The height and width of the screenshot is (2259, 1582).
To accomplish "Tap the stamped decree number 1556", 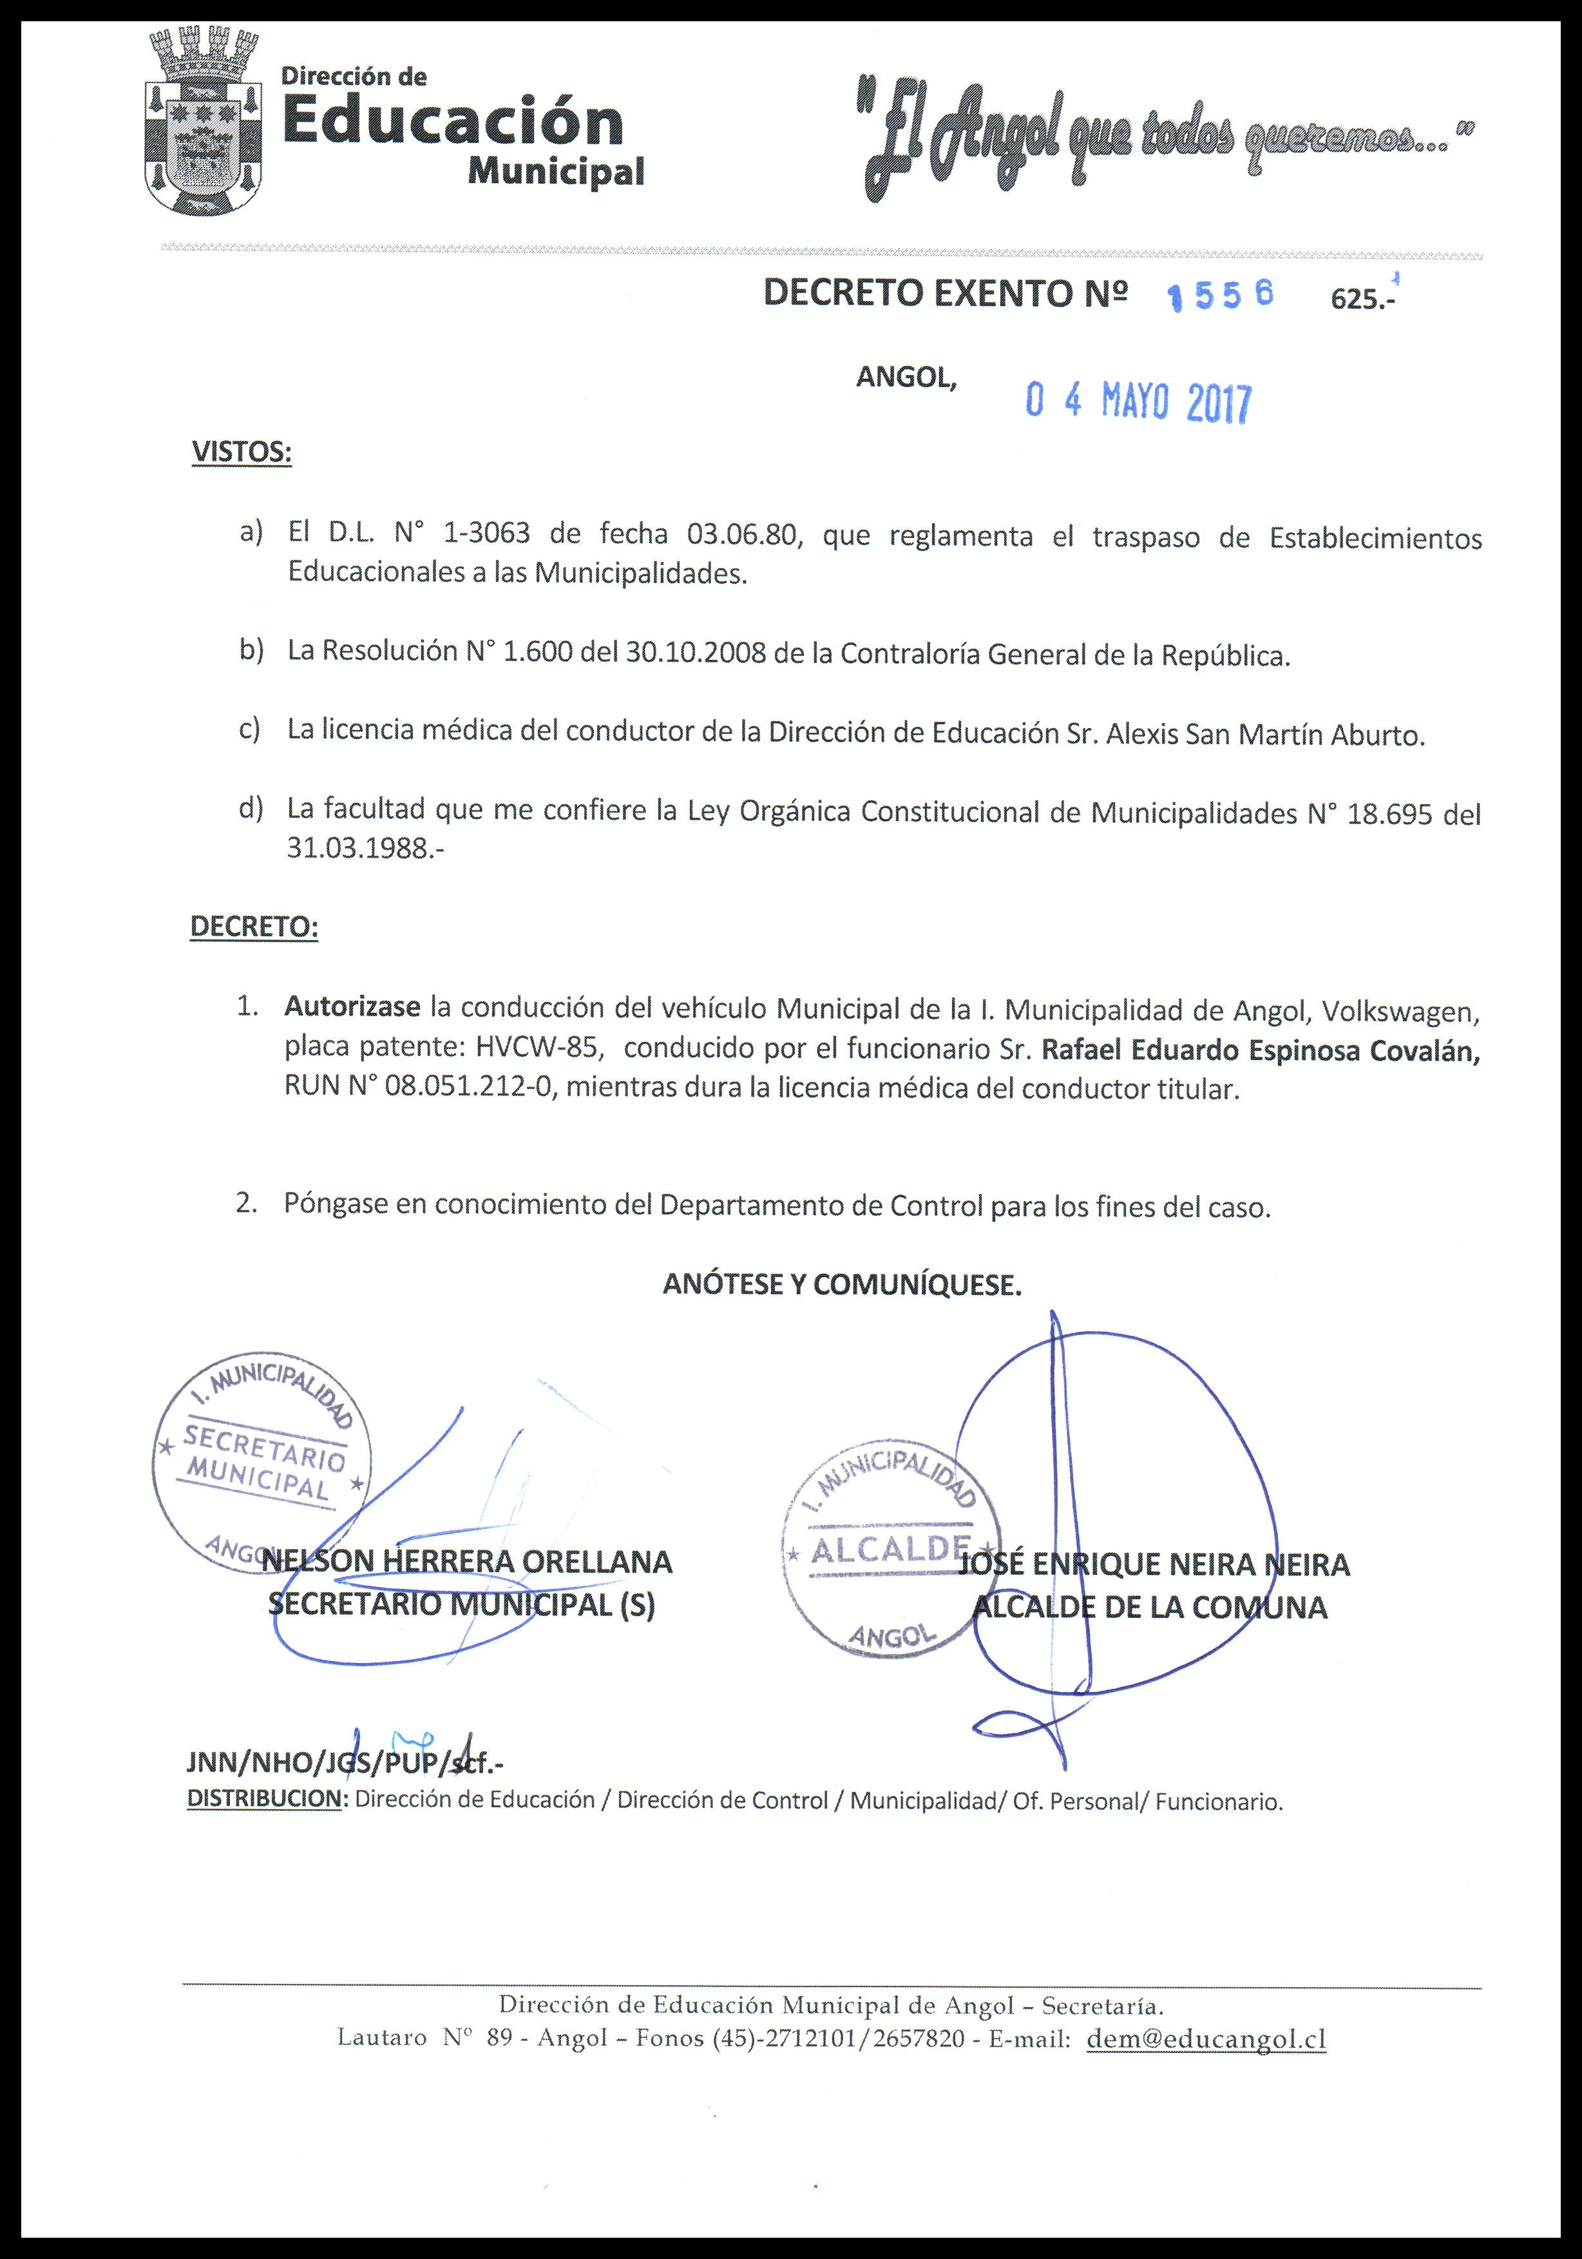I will tap(1220, 295).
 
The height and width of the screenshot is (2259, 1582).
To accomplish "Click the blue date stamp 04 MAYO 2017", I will tap(1138, 401).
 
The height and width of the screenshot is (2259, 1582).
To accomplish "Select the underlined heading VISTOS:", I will tap(241, 452).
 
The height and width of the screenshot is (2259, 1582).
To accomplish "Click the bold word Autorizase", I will tap(352, 1008).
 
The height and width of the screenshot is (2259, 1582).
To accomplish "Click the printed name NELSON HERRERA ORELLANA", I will tap(467, 1561).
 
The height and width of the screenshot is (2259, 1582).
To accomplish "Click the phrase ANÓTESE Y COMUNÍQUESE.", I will tap(842, 1285).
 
